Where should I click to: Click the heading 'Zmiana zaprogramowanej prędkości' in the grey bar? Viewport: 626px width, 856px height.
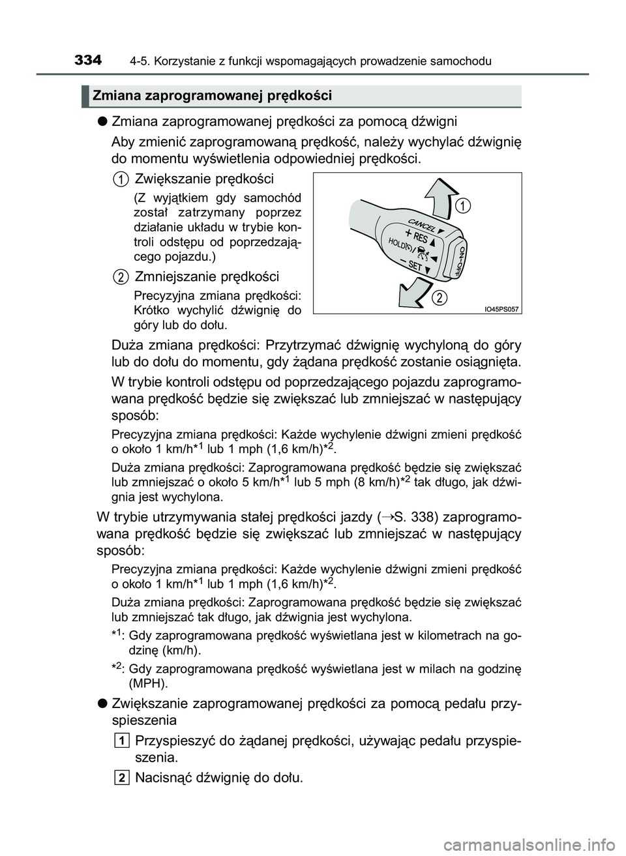[x=213, y=96]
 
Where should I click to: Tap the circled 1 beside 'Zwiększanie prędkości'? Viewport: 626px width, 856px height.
[x=119, y=179]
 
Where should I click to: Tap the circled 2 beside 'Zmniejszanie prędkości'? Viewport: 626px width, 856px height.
[x=119, y=277]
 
